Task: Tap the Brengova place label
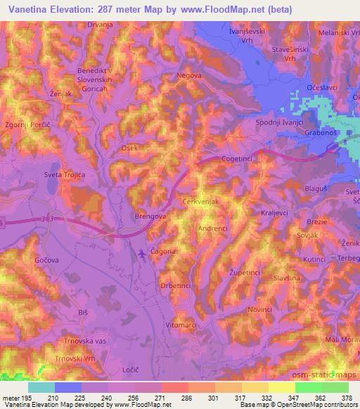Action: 150,218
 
